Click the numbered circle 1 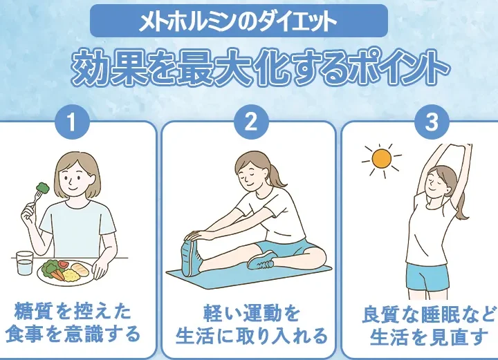pos(72,122)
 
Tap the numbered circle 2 pos(252,122)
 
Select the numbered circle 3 pos(432,122)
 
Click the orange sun pos(381,159)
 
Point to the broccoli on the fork pos(43,187)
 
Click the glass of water pos(24,263)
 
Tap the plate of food pos(66,271)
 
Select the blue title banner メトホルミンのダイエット pos(239,21)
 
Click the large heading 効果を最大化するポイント pos(259,69)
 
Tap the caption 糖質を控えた pos(73,312)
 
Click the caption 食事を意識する pos(73,334)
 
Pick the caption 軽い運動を pos(252,313)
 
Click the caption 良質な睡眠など pos(429,314)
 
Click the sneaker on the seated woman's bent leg pos(261,259)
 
